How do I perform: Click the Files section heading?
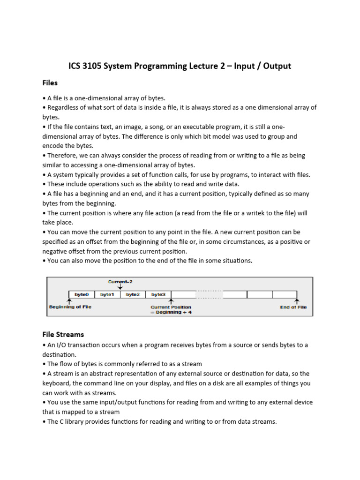50,83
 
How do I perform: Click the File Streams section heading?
63,334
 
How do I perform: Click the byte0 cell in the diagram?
82,294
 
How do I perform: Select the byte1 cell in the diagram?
107,294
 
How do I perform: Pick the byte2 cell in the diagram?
133,294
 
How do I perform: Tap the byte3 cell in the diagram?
158,294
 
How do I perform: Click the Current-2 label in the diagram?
120,282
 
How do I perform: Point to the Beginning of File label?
71,307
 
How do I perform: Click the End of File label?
293,307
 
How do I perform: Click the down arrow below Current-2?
120,287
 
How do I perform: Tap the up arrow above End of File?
296,301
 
